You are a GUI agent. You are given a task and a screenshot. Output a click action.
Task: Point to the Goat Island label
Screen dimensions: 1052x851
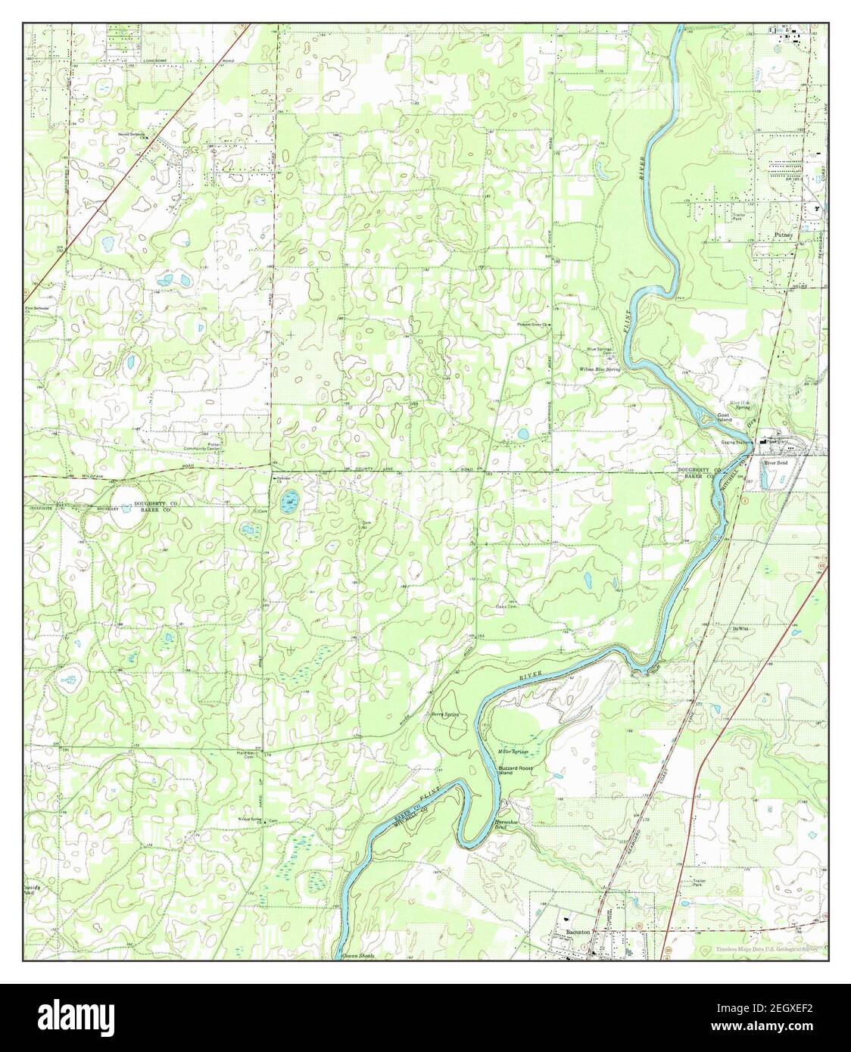725,419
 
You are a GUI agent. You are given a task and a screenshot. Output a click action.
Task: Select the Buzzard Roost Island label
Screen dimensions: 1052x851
515,770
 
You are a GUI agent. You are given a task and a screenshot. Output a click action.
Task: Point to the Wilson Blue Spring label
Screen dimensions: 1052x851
600,369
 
